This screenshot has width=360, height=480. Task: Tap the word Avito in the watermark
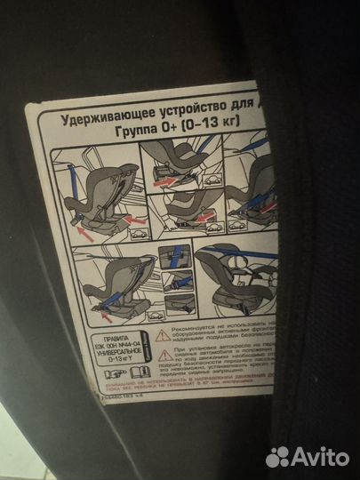coord(322,456)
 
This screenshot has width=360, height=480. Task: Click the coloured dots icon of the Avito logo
coord(280,456)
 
